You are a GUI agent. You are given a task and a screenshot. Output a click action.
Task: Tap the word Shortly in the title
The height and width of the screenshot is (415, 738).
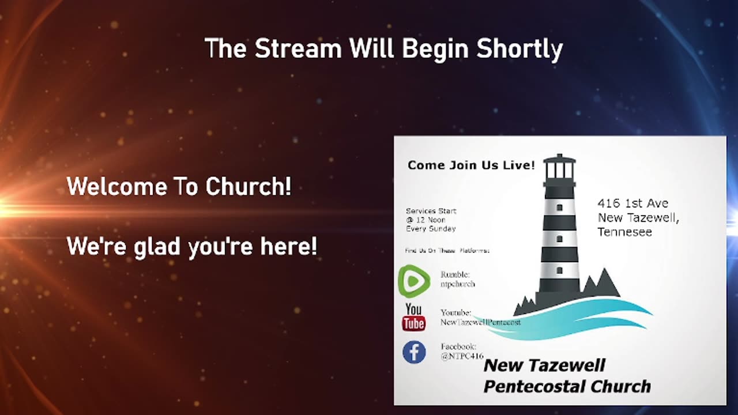(519, 50)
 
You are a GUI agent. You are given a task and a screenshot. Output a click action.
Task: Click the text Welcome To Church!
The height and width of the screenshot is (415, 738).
(179, 187)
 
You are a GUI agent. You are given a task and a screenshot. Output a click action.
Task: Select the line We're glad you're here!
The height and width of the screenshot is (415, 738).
(192, 247)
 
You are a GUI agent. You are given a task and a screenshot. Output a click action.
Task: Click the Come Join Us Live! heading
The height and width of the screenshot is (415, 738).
(471, 165)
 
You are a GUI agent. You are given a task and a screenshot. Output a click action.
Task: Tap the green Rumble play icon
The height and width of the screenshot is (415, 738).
(414, 281)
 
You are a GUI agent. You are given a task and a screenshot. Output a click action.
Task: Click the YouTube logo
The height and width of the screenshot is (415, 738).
(413, 318)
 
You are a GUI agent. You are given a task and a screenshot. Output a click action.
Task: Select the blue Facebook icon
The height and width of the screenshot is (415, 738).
(414, 352)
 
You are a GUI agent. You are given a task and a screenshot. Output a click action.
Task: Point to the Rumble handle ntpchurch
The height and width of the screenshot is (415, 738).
(458, 284)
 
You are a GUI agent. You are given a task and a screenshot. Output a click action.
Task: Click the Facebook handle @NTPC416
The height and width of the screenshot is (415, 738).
(462, 356)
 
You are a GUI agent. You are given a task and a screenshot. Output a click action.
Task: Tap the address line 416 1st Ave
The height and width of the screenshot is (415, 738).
(632, 203)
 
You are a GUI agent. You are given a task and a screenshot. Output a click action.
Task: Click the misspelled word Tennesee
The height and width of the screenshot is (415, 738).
(624, 232)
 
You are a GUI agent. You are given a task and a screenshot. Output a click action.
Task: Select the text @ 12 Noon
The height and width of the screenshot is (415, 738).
(426, 220)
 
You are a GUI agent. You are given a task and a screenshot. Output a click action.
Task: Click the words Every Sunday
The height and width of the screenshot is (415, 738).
(431, 228)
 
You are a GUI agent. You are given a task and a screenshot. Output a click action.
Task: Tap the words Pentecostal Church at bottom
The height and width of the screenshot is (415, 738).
(567, 386)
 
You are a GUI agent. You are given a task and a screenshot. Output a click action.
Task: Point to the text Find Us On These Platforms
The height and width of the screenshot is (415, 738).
(447, 251)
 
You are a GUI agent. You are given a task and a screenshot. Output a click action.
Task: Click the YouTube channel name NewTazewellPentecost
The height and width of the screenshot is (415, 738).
(480, 322)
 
